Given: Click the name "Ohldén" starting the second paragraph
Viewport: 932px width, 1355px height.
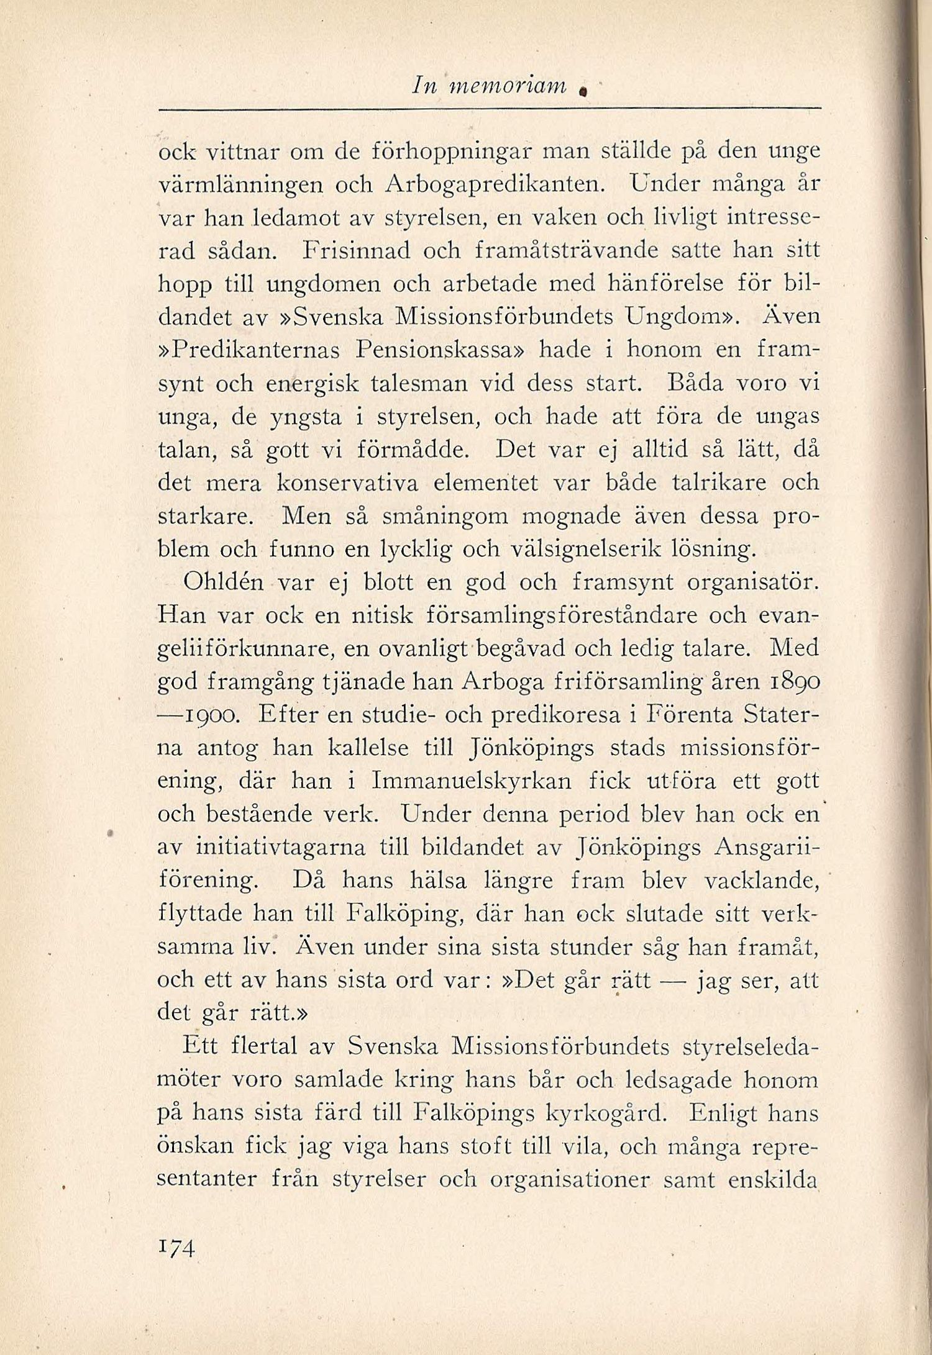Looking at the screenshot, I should pos(224,582).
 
